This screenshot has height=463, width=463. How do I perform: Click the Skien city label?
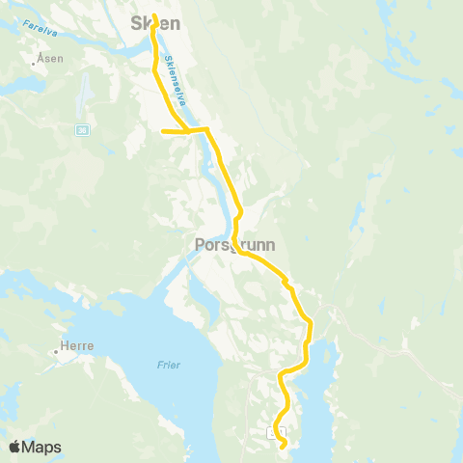coord(156,21)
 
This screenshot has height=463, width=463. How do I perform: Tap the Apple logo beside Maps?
coord(14,447)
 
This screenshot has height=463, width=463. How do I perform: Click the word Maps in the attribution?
coord(41,447)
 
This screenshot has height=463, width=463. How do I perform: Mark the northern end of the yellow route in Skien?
coord(154,14)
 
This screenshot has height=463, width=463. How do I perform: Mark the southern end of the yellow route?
coord(283,447)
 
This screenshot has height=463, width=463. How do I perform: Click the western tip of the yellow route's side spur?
coord(163,131)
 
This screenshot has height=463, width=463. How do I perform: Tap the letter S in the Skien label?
coord(136,21)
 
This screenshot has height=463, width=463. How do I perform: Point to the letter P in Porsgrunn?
coord(199,245)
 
